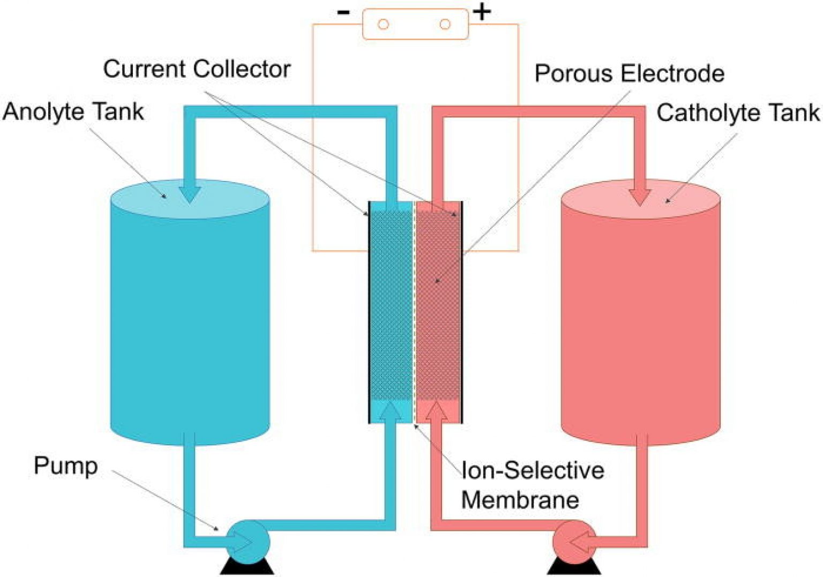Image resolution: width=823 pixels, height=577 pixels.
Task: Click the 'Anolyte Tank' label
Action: coord(73,112)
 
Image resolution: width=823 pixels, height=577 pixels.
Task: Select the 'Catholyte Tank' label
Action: coord(738,113)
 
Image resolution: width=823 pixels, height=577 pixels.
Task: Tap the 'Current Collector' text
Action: coord(197,69)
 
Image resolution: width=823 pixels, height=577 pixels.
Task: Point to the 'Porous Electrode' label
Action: coord(629,73)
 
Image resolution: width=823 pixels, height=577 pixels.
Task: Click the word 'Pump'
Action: coord(65,465)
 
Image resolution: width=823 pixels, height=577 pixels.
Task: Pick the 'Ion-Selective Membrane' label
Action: coord(532,485)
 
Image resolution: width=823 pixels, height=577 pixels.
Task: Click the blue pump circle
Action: coord(246,542)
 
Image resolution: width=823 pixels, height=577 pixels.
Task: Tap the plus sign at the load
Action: coord(482,12)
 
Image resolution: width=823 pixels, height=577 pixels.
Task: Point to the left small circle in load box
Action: coord(383,24)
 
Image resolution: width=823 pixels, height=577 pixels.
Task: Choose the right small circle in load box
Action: coord(445,24)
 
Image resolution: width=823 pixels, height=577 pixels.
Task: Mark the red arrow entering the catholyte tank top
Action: coord(640,196)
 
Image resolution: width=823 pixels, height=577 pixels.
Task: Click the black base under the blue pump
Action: coord(247,568)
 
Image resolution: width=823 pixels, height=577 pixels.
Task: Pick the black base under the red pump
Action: coord(574,568)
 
